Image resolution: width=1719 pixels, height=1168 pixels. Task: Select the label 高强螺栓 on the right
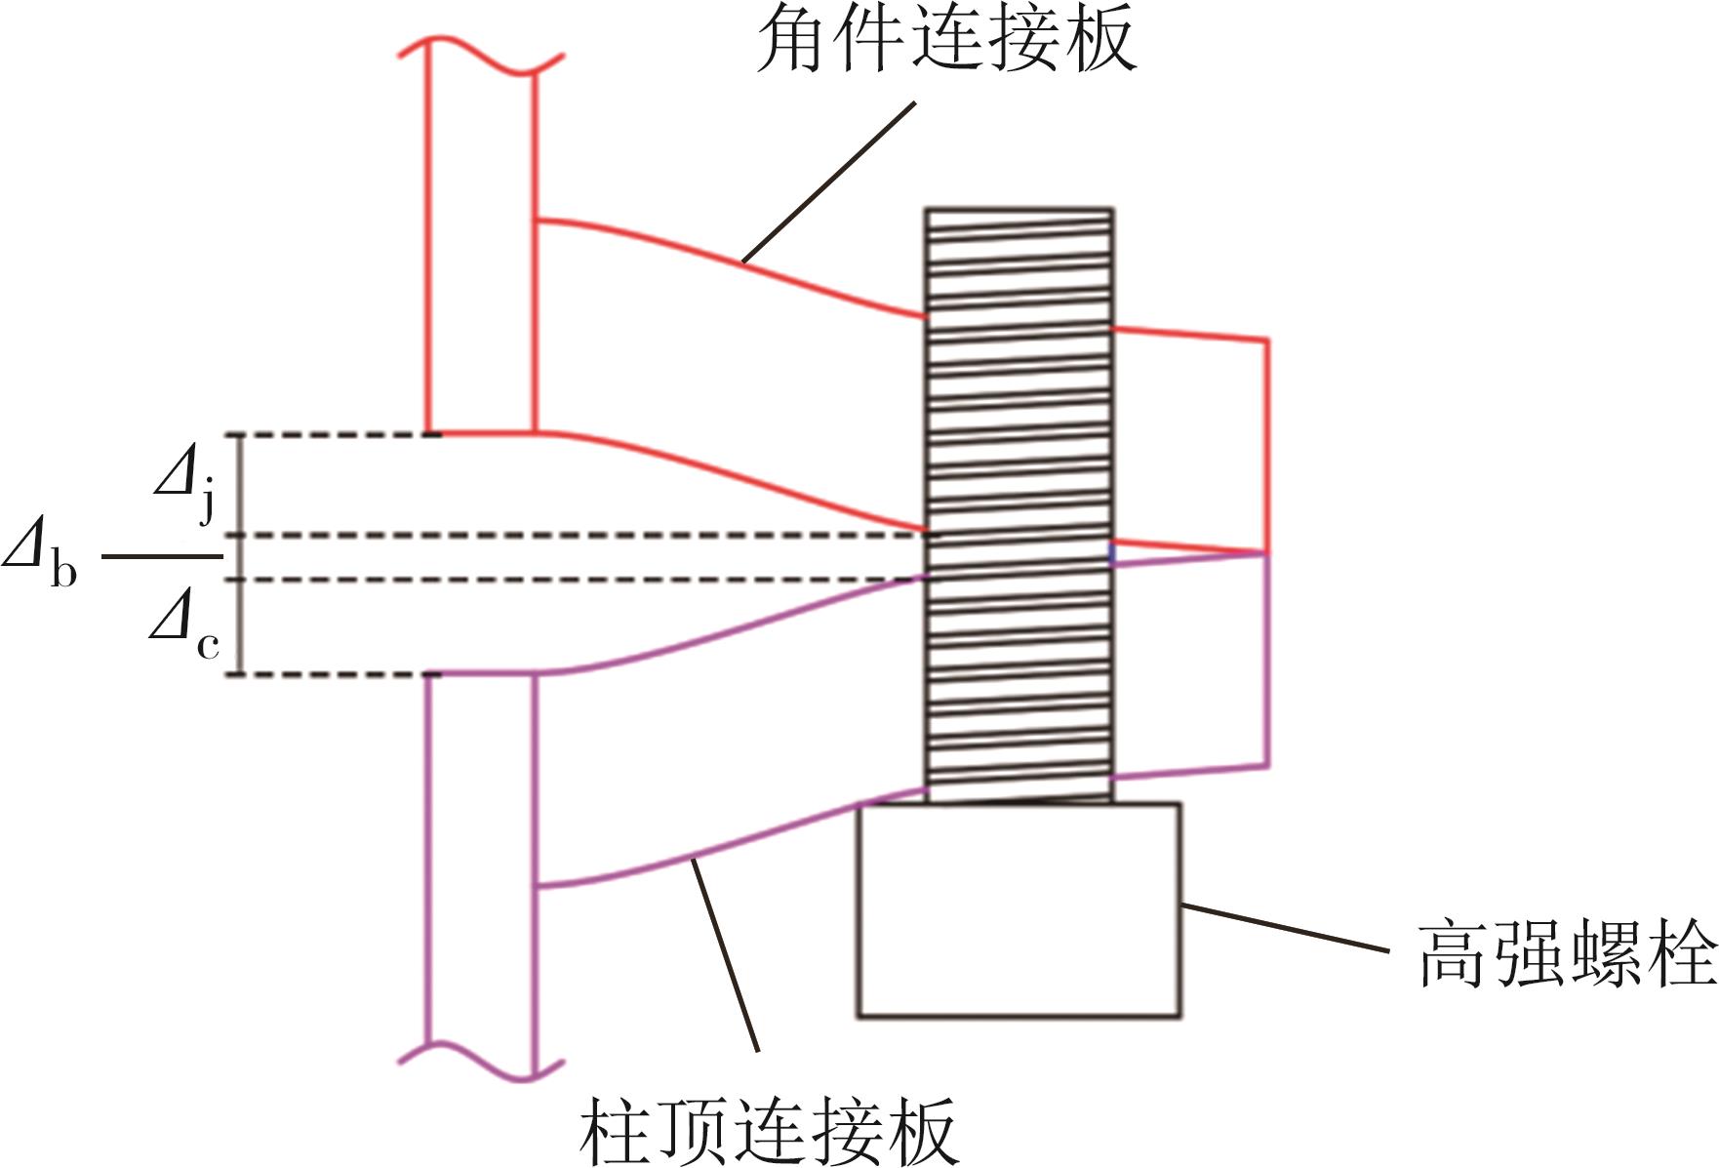[1566, 953]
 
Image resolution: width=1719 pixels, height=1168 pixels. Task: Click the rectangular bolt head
[1019, 909]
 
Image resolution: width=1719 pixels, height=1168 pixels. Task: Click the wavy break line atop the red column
[480, 54]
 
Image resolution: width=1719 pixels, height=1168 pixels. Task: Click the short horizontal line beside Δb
[162, 557]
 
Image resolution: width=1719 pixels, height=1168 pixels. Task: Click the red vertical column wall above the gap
[428, 244]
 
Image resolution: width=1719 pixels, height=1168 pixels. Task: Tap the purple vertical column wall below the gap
[428, 859]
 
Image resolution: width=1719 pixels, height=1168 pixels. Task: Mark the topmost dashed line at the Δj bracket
[332, 434]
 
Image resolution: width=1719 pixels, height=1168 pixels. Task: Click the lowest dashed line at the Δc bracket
[332, 674]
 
